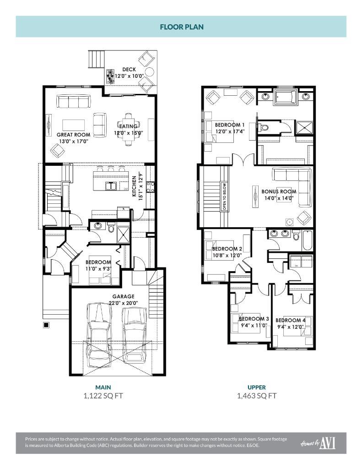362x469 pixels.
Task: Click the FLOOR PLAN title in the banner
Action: (x=181, y=27)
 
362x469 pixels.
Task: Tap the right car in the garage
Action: (x=134, y=334)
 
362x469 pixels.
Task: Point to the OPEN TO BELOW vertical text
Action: (x=224, y=197)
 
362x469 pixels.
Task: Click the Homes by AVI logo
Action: (x=318, y=443)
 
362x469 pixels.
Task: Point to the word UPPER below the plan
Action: (x=256, y=387)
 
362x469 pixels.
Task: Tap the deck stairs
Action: (x=97, y=59)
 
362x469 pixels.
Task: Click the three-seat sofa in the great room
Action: (x=73, y=101)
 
